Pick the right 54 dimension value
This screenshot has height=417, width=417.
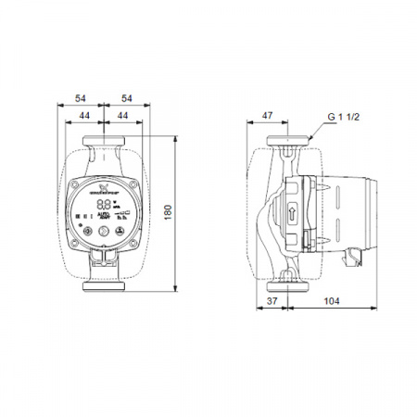126,97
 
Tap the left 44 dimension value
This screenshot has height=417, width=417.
84,114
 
